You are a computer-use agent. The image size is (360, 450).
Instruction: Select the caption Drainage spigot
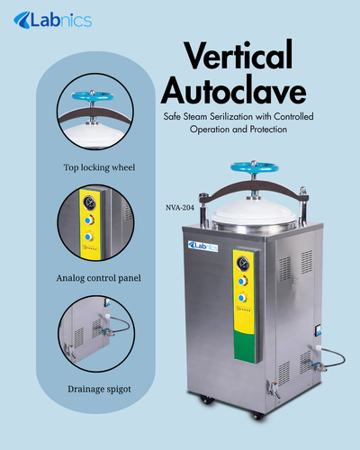click(98, 388)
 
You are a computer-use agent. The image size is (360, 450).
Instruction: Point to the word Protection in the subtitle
click(266, 130)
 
